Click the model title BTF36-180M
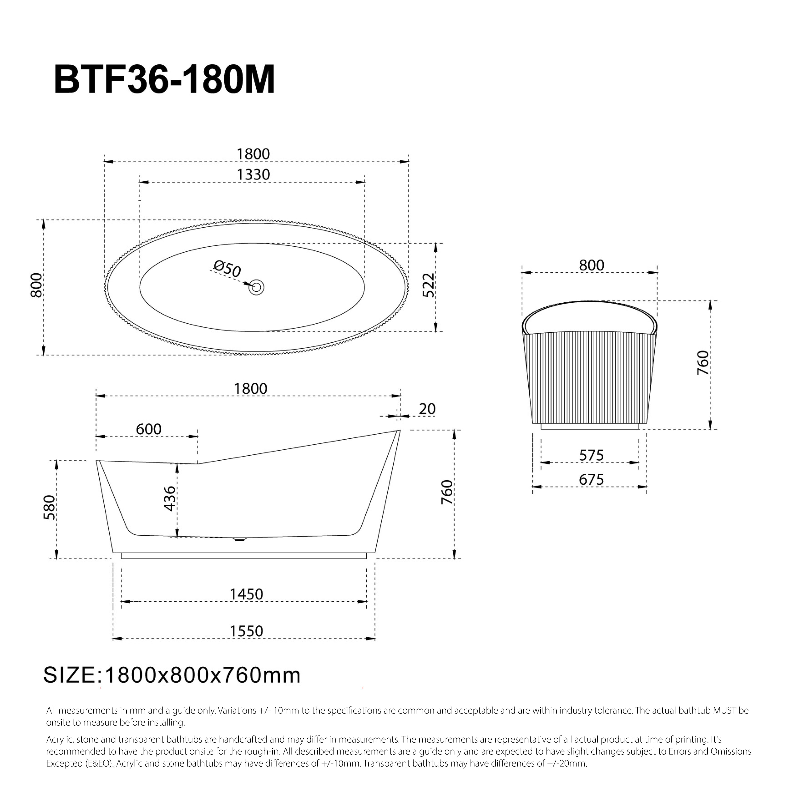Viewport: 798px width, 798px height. pyautogui.click(x=164, y=80)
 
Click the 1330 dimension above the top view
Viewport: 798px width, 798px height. pyautogui.click(x=253, y=175)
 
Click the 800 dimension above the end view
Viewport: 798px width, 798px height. pyautogui.click(x=591, y=265)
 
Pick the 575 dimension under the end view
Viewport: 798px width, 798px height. pyautogui.click(x=591, y=455)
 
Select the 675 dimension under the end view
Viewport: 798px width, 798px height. pyautogui.click(x=591, y=480)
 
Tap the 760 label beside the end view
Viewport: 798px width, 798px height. pyautogui.click(x=702, y=363)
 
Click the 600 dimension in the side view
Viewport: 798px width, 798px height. pyautogui.click(x=149, y=429)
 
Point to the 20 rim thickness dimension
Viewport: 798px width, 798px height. pyautogui.click(x=427, y=409)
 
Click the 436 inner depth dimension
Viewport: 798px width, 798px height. pyautogui.click(x=170, y=498)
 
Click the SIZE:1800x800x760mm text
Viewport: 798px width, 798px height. pyautogui.click(x=172, y=675)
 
